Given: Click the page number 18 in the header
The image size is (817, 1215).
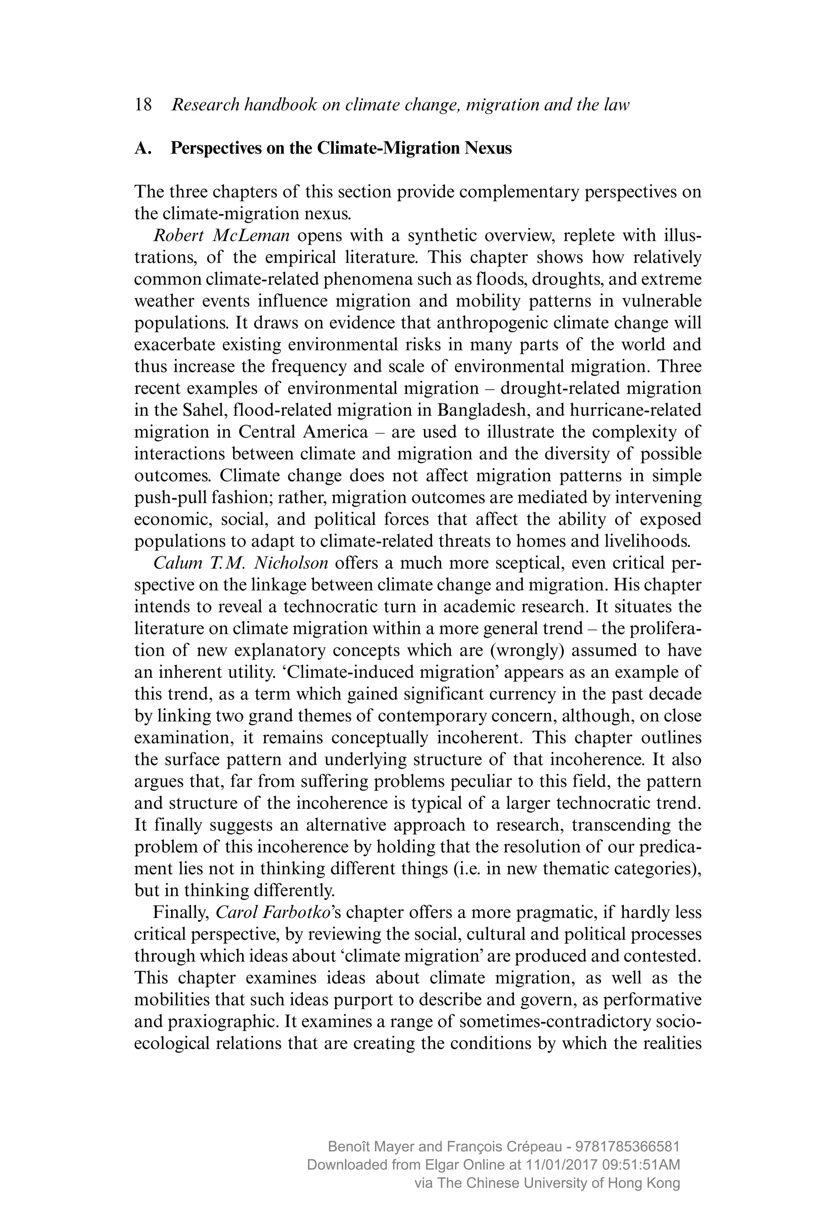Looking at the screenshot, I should click(x=143, y=105).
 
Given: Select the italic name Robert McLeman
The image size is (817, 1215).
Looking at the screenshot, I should click(x=221, y=235).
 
